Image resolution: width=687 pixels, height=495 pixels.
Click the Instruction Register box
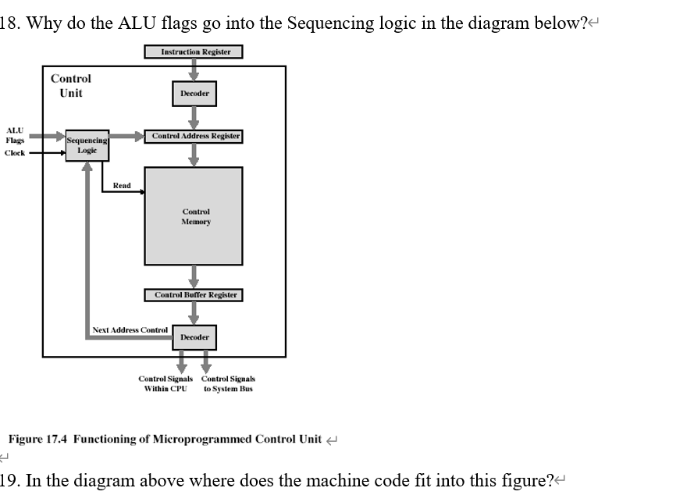tap(194, 52)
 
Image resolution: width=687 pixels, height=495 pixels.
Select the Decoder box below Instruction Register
tap(194, 94)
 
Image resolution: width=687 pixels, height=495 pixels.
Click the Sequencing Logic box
tap(87, 146)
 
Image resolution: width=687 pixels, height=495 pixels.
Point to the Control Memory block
tap(194, 216)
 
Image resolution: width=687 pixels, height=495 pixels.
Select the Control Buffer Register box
tap(194, 295)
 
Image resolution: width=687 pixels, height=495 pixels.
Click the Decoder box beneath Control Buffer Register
tap(194, 337)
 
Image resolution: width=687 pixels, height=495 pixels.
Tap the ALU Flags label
tap(15, 135)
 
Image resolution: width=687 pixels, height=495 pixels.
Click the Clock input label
tap(15, 153)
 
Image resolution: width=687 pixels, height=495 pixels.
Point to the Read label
tap(122, 186)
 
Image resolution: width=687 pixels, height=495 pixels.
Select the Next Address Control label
tap(130, 330)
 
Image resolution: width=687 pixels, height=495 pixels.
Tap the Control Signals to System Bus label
tap(228, 383)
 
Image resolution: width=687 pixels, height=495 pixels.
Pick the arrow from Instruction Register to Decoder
tap(194, 69)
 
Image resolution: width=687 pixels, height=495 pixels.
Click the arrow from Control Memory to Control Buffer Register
tap(194, 276)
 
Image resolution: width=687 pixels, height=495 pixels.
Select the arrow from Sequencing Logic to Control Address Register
tap(127, 136)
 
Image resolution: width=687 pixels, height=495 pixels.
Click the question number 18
tap(10, 23)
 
